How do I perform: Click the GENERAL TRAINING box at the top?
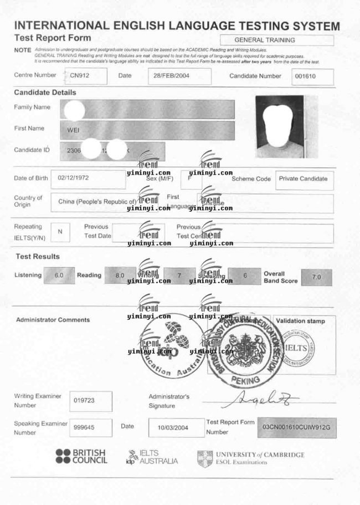pyautogui.click(x=277, y=40)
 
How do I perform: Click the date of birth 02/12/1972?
pyautogui.click(x=73, y=178)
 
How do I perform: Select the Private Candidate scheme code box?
pyautogui.click(x=303, y=179)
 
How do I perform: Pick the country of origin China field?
pyautogui.click(x=97, y=202)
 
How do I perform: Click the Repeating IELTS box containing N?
pyautogui.click(x=60, y=232)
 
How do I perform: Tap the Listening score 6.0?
pyautogui.click(x=59, y=276)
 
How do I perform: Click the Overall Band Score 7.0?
pyautogui.click(x=316, y=277)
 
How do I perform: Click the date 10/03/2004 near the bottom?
pyautogui.click(x=173, y=427)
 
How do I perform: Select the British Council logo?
pyautogui.click(x=81, y=457)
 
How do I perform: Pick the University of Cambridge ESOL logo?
pyautogui.click(x=251, y=458)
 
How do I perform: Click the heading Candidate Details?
pyautogui.click(x=45, y=93)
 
